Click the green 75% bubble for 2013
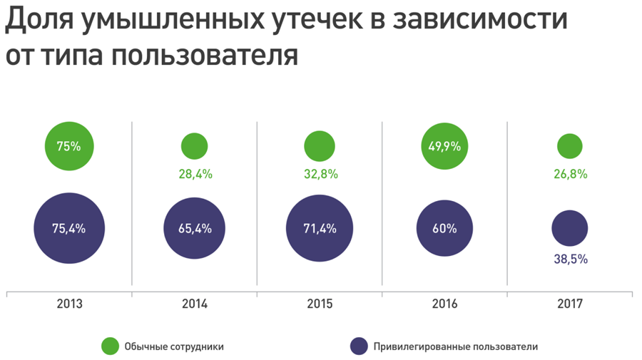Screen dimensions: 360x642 coord(69,146)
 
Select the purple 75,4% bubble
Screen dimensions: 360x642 coord(69,229)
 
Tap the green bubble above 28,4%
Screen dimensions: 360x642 coord(194,146)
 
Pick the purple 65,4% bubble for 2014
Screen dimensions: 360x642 coord(194,229)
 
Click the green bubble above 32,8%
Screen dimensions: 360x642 coord(320,146)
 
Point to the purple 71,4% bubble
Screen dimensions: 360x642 coord(320,229)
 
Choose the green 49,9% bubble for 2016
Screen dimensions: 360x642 coord(444,146)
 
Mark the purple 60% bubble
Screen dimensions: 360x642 coord(444,229)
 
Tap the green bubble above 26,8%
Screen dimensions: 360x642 coord(569,146)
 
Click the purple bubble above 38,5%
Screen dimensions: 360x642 coord(569,229)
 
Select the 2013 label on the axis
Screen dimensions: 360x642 coord(69,304)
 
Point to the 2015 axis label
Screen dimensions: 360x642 coord(320,304)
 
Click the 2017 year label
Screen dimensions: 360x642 coord(569,304)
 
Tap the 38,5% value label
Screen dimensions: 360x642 coord(570,259)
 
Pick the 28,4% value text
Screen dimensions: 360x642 coord(195,174)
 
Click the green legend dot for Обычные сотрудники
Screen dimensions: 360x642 coord(110,346)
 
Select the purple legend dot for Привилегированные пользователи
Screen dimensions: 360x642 coord(359,346)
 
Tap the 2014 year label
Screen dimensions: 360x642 coord(194,304)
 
